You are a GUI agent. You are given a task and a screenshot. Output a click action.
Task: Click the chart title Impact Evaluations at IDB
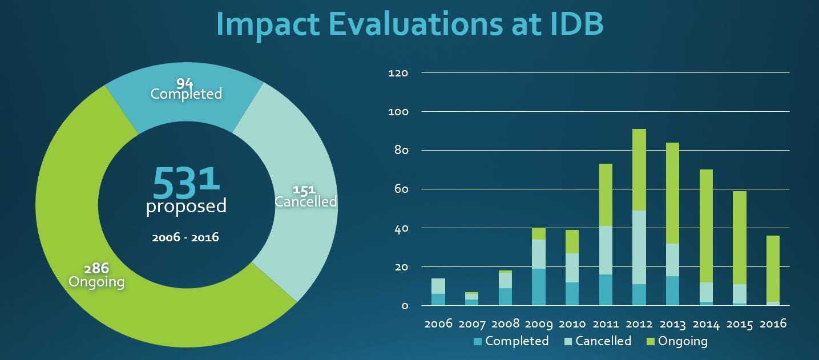(409, 24)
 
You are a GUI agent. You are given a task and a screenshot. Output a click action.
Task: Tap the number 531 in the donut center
(186, 181)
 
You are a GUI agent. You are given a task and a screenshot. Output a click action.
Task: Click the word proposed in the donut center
(186, 206)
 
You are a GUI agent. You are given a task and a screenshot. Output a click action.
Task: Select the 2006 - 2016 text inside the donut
(185, 237)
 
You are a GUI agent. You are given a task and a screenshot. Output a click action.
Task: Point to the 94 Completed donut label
(186, 90)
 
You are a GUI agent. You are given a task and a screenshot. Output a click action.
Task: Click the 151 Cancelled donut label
(305, 196)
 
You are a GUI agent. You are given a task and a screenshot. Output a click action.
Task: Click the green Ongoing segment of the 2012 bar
(639, 169)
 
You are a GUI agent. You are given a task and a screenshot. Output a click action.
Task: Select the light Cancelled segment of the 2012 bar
(639, 247)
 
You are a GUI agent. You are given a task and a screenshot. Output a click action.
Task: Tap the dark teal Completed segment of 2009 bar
(539, 287)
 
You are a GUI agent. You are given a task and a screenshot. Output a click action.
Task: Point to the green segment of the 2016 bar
(773, 268)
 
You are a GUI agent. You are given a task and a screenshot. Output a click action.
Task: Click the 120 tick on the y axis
(398, 73)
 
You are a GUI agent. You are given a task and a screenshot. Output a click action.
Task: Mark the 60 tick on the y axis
(401, 189)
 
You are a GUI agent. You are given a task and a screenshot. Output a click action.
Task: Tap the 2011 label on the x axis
(606, 324)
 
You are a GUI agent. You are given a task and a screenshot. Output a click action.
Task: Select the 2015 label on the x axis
(740, 324)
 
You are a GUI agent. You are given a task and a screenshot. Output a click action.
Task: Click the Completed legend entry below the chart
(511, 341)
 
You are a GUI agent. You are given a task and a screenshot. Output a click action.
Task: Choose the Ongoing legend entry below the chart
(676, 341)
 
